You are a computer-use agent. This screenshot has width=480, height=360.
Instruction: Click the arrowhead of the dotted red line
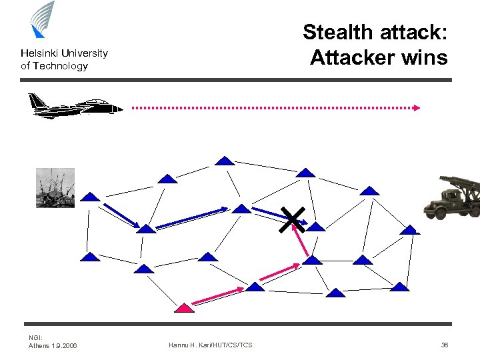417,107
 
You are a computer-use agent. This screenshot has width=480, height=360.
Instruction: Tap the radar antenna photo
55,187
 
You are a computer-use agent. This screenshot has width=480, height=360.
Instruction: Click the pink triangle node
184,307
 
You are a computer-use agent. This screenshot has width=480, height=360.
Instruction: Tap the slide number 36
444,345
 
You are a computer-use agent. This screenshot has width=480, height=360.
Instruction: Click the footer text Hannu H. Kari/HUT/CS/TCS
211,345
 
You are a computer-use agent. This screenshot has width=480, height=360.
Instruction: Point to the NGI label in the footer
35,338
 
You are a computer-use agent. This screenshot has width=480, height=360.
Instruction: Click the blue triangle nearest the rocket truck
410,229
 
